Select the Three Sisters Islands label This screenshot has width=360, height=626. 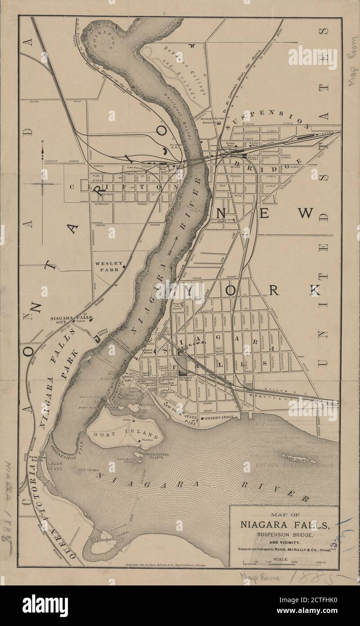pos(156,456)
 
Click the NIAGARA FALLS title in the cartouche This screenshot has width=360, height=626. pos(284,525)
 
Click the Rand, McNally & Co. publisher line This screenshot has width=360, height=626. pos(284,550)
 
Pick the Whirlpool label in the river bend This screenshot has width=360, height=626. pos(103,43)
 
